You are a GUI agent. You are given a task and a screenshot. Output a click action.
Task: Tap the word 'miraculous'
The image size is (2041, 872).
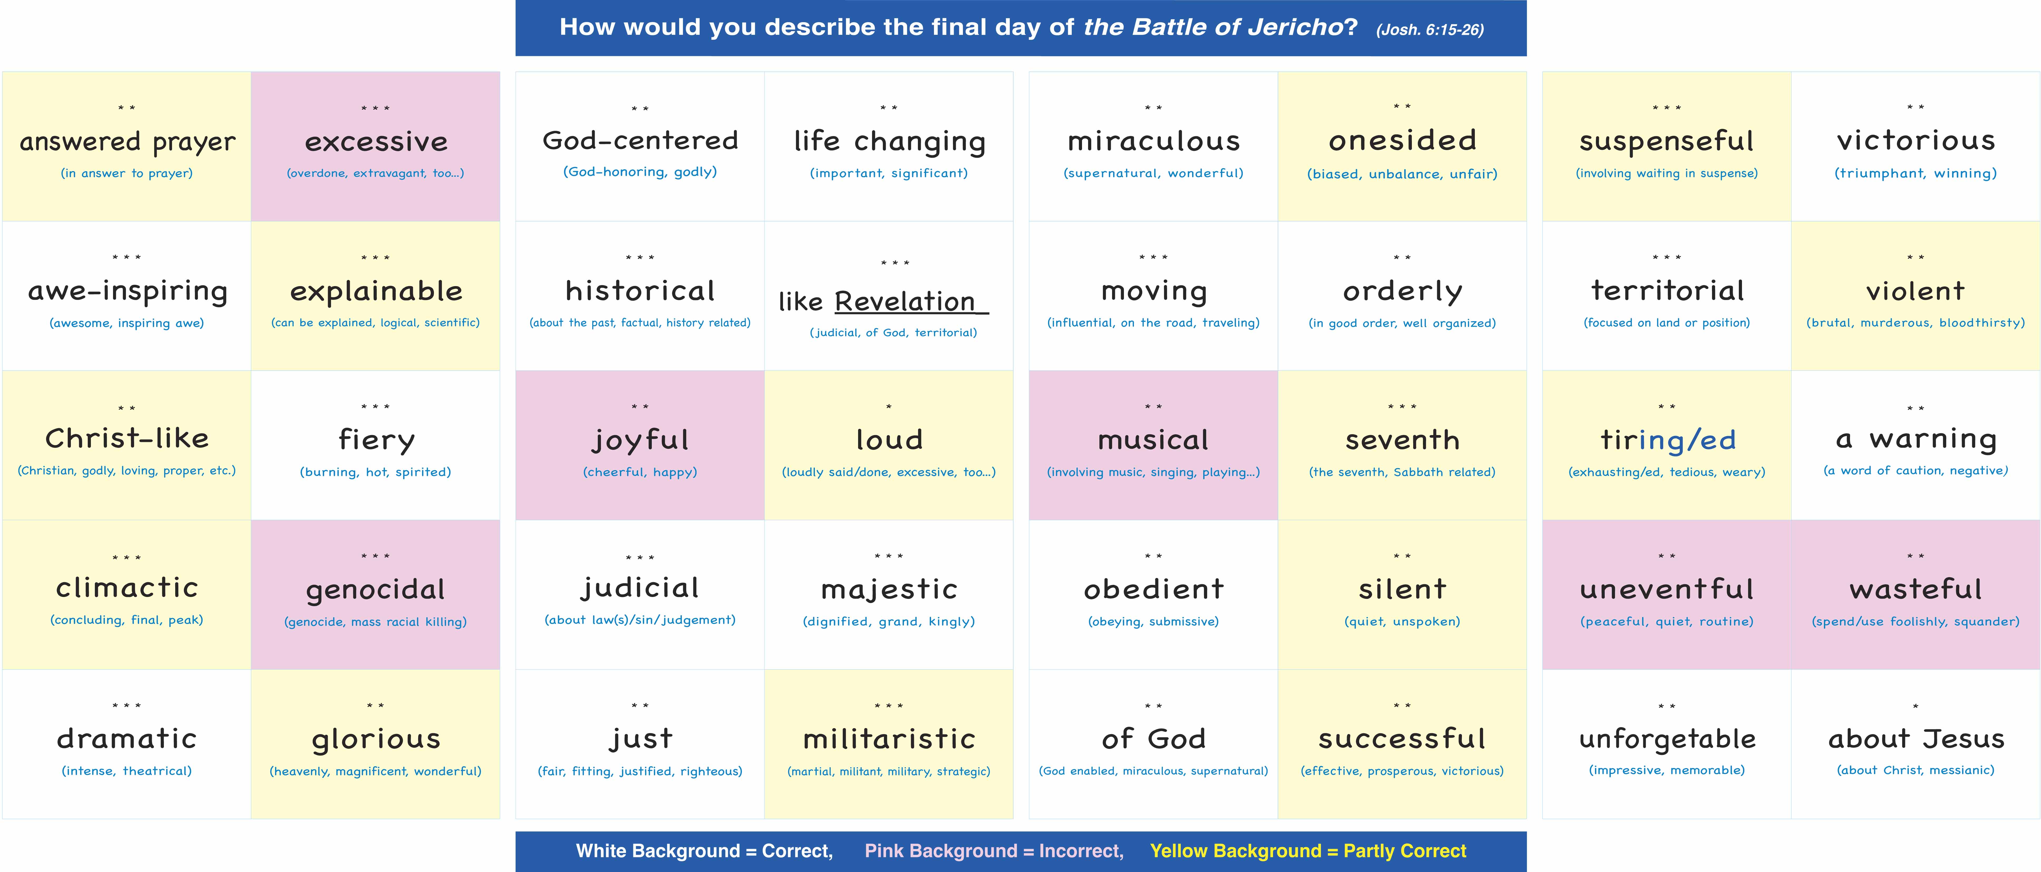tap(1154, 141)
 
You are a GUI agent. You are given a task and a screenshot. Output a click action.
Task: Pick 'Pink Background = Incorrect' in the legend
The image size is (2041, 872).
tap(993, 851)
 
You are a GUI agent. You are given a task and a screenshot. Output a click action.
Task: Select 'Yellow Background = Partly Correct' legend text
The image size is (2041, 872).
tap(1308, 851)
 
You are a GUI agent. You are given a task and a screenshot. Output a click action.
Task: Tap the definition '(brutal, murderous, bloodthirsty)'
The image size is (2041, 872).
tap(1916, 323)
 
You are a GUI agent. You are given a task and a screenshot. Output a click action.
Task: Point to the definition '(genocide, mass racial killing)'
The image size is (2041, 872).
tap(375, 622)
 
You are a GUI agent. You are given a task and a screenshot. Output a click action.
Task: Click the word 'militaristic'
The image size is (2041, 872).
tap(889, 739)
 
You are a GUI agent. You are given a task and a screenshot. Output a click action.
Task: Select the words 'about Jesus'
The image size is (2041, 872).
tap(1916, 739)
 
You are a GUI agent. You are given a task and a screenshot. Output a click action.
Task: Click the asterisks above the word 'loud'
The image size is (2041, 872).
tap(889, 407)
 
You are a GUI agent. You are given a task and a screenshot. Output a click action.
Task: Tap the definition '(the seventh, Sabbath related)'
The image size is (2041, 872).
tap(1402, 472)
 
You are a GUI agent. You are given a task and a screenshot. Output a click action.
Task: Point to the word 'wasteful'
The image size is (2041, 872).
tap(1916, 589)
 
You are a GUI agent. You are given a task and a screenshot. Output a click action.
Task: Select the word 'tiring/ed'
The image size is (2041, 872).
tap(1667, 440)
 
